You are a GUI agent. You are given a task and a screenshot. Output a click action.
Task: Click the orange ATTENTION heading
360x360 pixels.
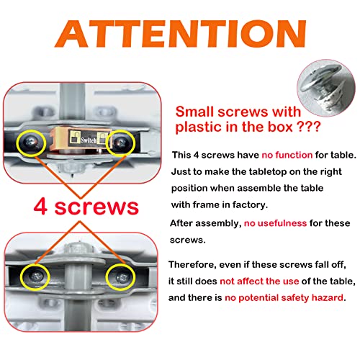coord(181,34)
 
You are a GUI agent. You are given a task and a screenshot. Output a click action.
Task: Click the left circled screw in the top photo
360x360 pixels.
coord(31,143)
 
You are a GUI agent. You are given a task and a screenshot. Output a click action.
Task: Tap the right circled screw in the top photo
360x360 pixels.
coord(121,143)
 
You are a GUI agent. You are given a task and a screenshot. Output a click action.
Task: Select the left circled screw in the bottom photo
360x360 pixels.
coord(36,277)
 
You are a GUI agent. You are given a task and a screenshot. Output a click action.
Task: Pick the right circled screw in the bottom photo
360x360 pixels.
coord(122,278)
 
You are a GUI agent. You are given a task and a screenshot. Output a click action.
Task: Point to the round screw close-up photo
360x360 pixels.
coord(326,88)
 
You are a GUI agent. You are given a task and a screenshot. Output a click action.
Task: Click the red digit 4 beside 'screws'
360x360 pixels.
coord(40,207)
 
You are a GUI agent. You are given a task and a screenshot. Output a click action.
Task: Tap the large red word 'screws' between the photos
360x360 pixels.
coord(96,207)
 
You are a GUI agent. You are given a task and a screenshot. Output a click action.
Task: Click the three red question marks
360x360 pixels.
coord(309,126)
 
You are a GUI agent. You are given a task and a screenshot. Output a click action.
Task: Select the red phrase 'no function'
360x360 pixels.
coord(287,155)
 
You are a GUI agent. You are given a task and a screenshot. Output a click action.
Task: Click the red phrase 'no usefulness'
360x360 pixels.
coord(275,223)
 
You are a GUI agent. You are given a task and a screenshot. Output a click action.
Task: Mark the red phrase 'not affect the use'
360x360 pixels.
coord(259,281)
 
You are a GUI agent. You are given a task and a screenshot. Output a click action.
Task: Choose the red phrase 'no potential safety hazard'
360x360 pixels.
coord(284,298)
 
